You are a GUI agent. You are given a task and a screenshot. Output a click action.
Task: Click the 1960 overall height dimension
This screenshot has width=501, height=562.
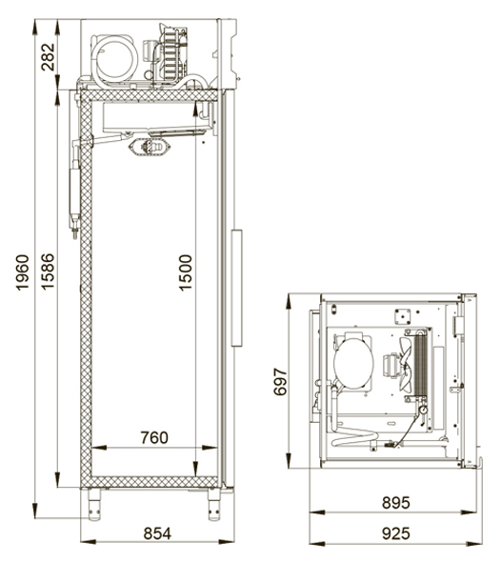[x=23, y=272]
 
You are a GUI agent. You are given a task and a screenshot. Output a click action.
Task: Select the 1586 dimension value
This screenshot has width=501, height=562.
[x=48, y=271]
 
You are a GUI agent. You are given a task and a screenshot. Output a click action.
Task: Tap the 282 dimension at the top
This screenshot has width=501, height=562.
[x=48, y=57]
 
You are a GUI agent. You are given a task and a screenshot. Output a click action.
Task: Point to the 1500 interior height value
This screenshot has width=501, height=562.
[x=186, y=272]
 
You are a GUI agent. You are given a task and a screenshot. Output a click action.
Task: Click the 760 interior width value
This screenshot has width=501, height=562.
[x=154, y=437]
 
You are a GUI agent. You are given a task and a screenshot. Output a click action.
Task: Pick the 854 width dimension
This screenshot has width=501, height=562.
[x=157, y=533]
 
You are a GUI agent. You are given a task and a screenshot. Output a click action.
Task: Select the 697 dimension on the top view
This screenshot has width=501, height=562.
[x=280, y=381]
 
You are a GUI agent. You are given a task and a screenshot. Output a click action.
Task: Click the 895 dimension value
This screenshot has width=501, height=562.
[x=395, y=503]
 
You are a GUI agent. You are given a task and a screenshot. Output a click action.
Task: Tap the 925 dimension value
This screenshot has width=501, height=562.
[x=395, y=533]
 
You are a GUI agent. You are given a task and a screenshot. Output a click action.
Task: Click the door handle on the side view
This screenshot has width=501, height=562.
[x=236, y=288]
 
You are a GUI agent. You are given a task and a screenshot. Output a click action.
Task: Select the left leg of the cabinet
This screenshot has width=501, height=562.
[x=94, y=504]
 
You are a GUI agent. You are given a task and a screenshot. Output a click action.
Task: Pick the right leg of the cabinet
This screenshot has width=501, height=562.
[x=214, y=504]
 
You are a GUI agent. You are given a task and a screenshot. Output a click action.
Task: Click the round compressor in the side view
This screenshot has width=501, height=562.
[x=114, y=59]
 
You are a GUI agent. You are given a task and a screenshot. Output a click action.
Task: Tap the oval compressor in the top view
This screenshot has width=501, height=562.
[x=353, y=362]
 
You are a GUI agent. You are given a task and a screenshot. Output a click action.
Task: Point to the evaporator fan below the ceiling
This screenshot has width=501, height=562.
[x=150, y=148]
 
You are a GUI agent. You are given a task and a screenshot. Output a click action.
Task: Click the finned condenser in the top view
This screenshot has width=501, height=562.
[x=421, y=365]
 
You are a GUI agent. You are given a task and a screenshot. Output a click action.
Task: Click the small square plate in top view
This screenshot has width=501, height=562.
[x=403, y=317]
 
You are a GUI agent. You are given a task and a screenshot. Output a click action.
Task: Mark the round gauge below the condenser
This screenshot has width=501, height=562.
[x=423, y=410]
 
